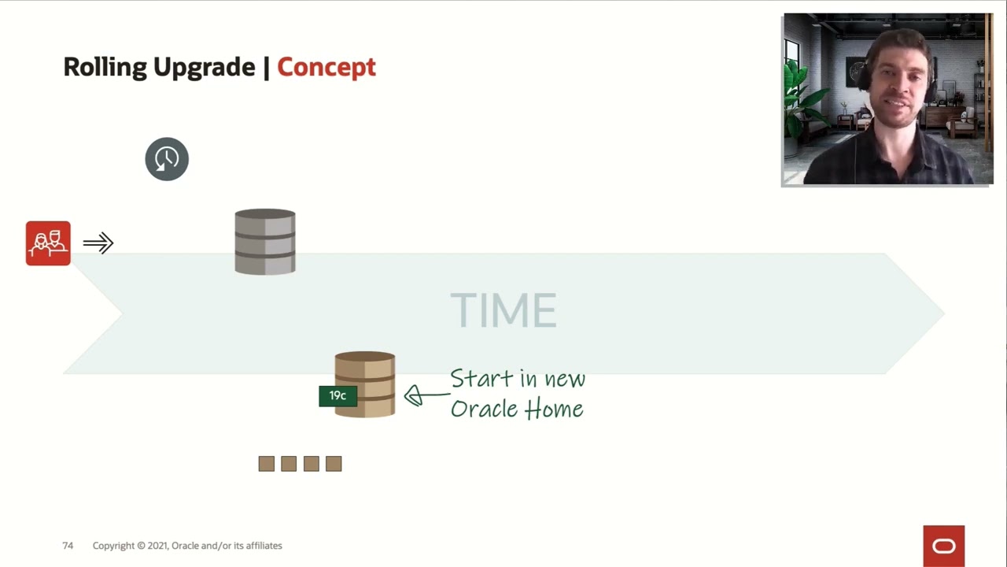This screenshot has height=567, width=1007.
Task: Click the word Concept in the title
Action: pyautogui.click(x=326, y=68)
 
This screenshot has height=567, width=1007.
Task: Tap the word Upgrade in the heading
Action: pyautogui.click(x=204, y=68)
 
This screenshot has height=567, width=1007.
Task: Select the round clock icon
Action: pyautogui.click(x=167, y=159)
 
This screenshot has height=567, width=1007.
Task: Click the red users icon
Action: pyautogui.click(x=48, y=243)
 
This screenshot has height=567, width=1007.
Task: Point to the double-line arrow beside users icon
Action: pyautogui.click(x=98, y=243)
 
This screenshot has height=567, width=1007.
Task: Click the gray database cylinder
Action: pyautogui.click(x=265, y=242)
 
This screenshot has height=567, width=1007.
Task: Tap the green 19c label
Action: pyautogui.click(x=338, y=396)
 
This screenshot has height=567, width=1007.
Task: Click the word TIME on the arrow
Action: pyautogui.click(x=503, y=310)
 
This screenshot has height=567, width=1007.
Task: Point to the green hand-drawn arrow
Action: pyautogui.click(x=425, y=395)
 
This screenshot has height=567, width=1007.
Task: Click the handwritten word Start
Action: pyautogui.click(x=482, y=379)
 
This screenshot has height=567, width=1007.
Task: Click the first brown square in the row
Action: pyautogui.click(x=267, y=464)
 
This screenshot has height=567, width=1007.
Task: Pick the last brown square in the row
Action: pyautogui.click(x=334, y=464)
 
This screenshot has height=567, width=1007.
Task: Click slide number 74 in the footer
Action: pyautogui.click(x=68, y=546)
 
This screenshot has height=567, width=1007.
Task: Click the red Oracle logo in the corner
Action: pyautogui.click(x=943, y=546)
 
